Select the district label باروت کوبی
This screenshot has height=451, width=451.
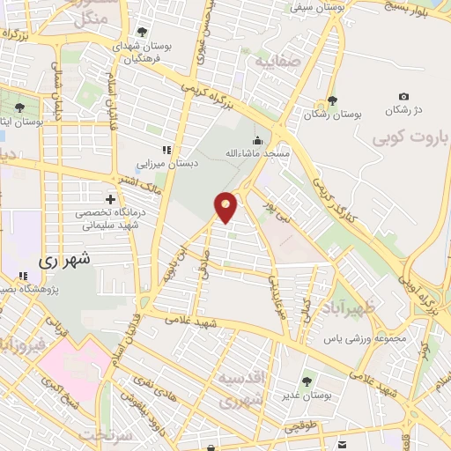[x=410, y=138]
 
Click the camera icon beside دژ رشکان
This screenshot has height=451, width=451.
[x=403, y=97]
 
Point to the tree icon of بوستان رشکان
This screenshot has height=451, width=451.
[x=332, y=100]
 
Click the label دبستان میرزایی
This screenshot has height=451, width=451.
[x=166, y=163]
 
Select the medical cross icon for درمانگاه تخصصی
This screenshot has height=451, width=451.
[x=109, y=200]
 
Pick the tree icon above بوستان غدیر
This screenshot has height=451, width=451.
[x=307, y=381]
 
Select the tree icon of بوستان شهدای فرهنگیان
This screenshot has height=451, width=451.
[x=142, y=33]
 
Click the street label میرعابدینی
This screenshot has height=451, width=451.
[x=276, y=297]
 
